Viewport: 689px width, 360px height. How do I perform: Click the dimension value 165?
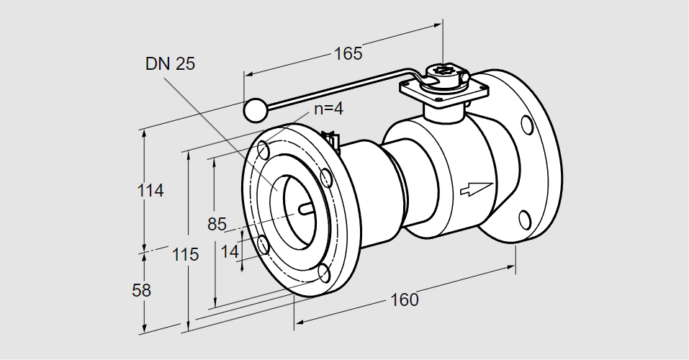348,53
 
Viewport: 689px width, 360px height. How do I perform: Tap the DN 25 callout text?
170,64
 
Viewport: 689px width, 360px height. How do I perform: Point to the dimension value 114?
150,191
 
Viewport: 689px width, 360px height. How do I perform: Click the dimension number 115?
185,254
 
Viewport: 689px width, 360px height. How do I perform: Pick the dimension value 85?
217,224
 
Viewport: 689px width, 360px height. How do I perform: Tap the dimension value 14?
230,251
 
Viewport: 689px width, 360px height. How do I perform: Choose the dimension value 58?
143,291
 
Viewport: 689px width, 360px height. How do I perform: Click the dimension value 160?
405,300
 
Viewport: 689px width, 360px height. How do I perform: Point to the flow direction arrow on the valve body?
476,188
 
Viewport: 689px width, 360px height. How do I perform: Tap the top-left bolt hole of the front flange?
264,150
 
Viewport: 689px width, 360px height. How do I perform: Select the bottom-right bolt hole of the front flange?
325,273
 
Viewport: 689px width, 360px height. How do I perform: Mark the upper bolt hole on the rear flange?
528,125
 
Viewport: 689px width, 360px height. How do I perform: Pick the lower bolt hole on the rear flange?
525,219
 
